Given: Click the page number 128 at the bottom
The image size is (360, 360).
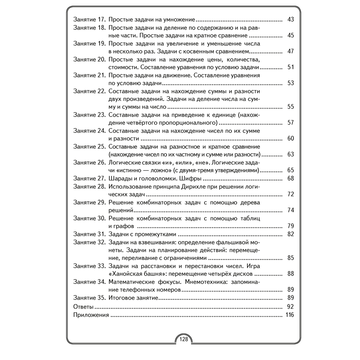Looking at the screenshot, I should coord(184,339).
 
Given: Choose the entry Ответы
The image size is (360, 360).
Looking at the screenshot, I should coord(83,307).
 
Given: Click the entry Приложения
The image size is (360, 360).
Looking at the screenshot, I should coord(91,315).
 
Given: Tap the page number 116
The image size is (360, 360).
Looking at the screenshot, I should coord(289,315).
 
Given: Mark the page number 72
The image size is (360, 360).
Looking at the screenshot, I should coord(291,194).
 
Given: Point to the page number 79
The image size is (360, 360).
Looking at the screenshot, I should coord(291,226).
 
